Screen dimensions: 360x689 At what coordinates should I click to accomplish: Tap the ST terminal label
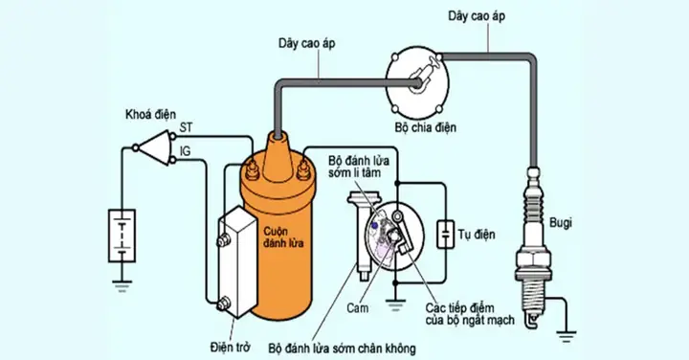(187, 128)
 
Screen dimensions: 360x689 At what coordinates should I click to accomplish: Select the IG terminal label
(187, 150)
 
